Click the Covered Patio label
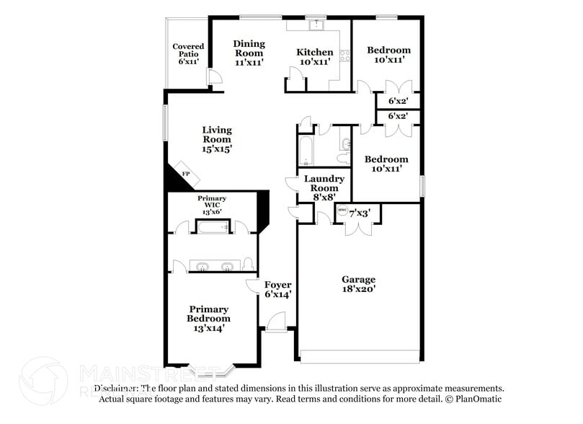pos(188,54)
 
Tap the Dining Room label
pos(249,53)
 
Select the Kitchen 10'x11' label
pos(316,57)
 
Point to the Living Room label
pos(216,139)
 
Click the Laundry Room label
pos(324,187)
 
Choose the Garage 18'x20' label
pos(358,284)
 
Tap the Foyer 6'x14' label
pos(277,289)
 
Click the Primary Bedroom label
pos(208,318)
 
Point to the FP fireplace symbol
pos(185,175)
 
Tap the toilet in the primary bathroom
pos(248,263)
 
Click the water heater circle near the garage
pos(342,211)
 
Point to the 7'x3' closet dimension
pos(360,213)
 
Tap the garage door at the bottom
pos(360,356)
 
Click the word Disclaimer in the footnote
pos(120,388)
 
